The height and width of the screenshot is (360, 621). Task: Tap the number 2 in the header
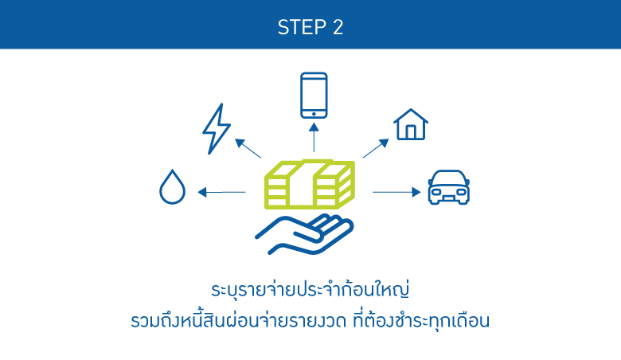click(x=338, y=26)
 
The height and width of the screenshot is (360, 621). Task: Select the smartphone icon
click(x=314, y=96)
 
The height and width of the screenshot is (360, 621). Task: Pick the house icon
click(x=411, y=125)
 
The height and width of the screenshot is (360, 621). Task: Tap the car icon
click(x=449, y=187)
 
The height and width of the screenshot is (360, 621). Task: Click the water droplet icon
click(x=172, y=188)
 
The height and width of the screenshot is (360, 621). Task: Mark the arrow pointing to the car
click(x=396, y=192)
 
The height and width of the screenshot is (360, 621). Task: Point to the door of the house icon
click(x=411, y=132)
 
